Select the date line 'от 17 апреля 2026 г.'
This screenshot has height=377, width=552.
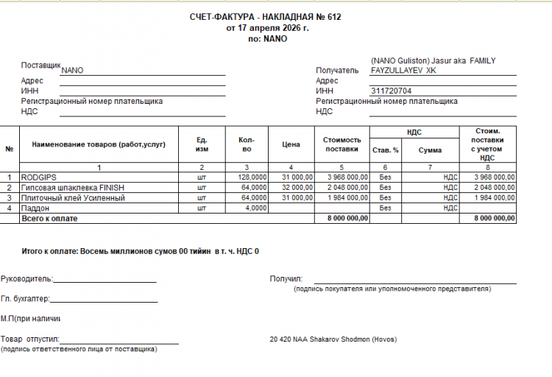click(266, 28)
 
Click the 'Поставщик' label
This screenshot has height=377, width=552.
click(40, 66)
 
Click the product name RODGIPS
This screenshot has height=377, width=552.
click(39, 177)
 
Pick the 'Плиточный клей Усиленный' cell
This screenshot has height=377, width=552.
click(72, 198)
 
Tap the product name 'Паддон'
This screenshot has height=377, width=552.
click(35, 208)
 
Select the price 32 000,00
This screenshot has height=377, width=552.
click(294, 188)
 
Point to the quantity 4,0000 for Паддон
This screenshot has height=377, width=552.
click(255, 208)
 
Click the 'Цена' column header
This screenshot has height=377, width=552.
click(291, 145)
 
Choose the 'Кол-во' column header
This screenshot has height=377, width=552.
click(247, 145)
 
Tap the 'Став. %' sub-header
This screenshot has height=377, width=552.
click(385, 150)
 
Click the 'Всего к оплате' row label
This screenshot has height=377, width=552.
click(49, 219)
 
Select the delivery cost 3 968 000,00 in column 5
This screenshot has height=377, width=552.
click(344, 177)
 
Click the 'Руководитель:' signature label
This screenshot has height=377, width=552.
click(27, 279)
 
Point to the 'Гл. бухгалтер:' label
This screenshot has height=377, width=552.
click(26, 298)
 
